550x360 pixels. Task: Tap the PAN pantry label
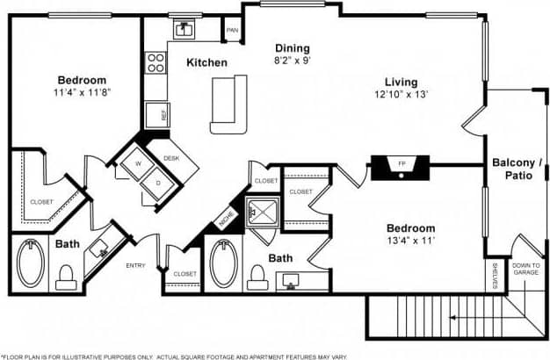232,31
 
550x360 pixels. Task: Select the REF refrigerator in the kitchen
163,113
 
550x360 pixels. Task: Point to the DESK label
171,158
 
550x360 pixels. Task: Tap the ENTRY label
135,265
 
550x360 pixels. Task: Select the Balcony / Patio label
515,169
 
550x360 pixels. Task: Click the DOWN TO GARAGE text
526,269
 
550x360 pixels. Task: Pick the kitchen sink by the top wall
185,29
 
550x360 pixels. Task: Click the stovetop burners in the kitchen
156,62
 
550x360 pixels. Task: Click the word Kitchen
207,63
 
